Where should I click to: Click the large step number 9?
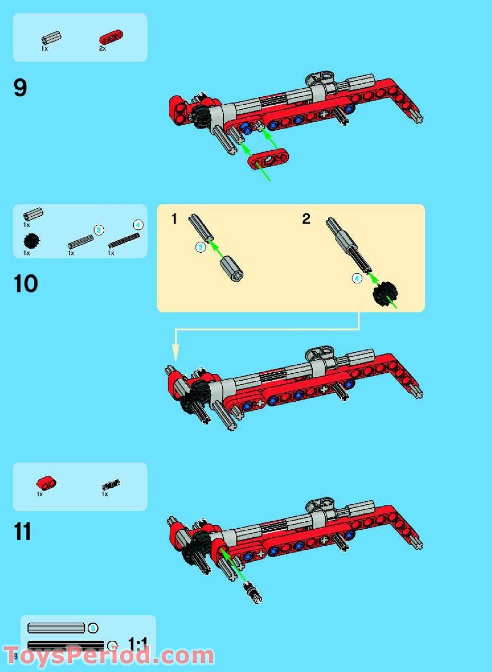tap(20, 88)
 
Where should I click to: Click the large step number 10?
tap(26, 284)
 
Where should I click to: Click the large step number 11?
tap(23, 531)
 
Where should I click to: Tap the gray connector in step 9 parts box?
tap(51, 39)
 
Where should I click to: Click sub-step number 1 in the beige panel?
tap(175, 219)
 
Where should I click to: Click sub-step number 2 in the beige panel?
tap(306, 219)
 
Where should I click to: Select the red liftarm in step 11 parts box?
tap(47, 483)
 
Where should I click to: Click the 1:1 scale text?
tap(138, 643)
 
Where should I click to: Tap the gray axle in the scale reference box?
tap(56, 628)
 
